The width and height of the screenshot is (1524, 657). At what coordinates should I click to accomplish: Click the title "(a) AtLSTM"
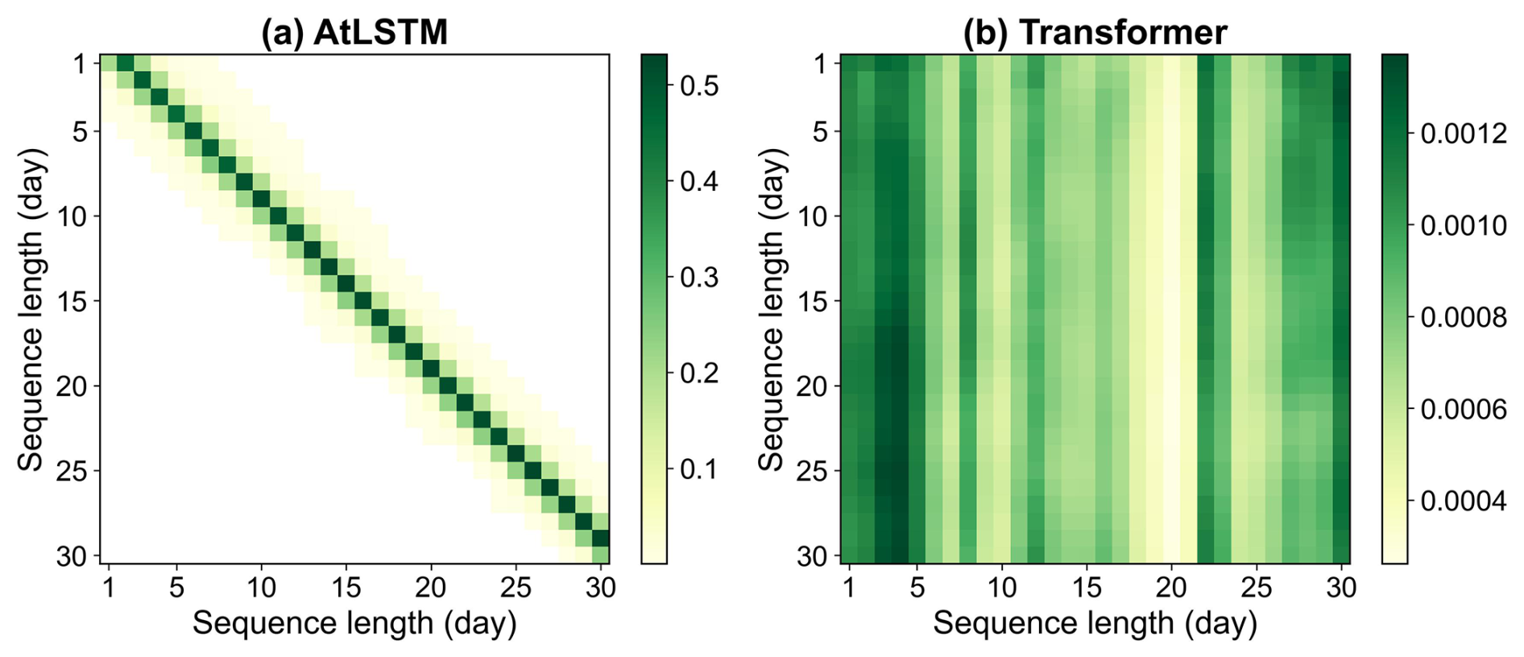pos(354,32)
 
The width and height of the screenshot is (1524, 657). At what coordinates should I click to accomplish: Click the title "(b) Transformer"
pos(1095,32)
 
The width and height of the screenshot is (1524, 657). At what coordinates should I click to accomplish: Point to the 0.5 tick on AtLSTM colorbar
pos(698,85)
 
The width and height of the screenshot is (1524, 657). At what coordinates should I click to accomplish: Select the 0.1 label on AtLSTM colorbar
pos(698,469)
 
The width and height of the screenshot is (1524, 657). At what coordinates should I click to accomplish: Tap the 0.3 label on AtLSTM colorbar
pos(698,277)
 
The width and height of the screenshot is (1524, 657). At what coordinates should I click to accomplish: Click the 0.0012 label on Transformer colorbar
pos(1463,133)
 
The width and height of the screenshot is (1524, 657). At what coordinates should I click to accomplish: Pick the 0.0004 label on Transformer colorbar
pos(1463,501)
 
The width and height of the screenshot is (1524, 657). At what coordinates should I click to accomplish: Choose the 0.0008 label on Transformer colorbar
pos(1463,317)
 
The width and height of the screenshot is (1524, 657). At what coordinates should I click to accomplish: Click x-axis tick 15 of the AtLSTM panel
pos(346,588)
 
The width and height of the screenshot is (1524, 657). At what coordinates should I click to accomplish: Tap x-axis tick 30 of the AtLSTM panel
pos(600,588)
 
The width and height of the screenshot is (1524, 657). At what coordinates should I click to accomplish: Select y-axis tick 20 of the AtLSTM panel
pos(72,386)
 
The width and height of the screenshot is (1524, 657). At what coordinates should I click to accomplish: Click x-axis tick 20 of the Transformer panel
pos(1171,588)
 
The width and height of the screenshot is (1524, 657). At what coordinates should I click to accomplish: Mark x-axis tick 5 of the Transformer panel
pos(917,588)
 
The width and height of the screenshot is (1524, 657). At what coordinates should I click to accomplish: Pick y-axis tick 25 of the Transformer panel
pos(814,471)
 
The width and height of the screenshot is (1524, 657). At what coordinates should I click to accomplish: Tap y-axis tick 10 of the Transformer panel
pos(814,217)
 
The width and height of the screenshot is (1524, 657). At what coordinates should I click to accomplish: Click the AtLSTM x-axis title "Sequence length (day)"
pos(354,623)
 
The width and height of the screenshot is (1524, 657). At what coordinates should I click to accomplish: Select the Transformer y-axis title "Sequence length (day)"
pos(771,309)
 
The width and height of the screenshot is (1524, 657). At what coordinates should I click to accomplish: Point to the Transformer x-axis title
pos(1095,623)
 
